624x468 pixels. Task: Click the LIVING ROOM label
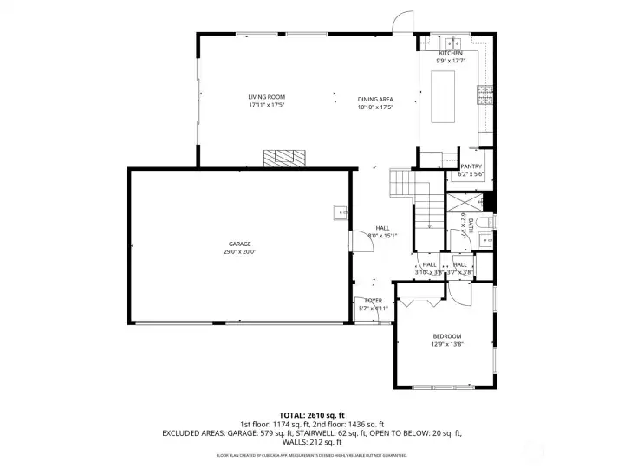[266, 97]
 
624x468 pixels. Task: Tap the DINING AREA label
[375, 100]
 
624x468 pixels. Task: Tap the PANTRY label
[471, 166]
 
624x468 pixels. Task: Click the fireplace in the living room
[284, 158]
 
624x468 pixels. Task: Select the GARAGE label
[240, 244]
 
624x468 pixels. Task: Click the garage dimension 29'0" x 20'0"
[240, 252]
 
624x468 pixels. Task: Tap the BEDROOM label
[447, 336]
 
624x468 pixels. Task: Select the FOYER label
[374, 301]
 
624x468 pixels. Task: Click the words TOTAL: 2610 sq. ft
[311, 415]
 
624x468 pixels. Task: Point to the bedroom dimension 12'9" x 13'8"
[447, 344]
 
